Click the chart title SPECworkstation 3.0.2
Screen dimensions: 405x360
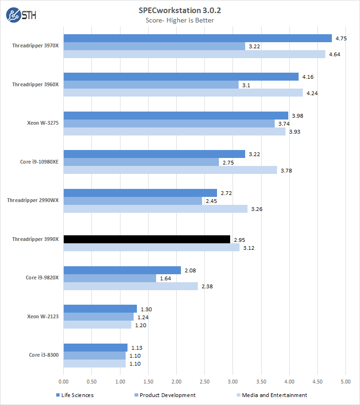180,10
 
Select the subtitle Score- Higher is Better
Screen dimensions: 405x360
180,20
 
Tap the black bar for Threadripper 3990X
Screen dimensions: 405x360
147,239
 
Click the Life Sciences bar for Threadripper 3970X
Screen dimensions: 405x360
197,38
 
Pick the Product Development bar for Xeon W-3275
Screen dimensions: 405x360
169,124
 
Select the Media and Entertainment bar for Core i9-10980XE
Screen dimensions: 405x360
170,170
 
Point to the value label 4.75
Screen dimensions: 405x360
341,38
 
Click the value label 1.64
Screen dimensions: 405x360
165,278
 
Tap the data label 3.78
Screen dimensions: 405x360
286,170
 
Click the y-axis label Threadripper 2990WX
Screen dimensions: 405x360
33,200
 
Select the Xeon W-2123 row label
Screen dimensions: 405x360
43,316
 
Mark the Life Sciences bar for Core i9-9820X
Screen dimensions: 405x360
122,270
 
